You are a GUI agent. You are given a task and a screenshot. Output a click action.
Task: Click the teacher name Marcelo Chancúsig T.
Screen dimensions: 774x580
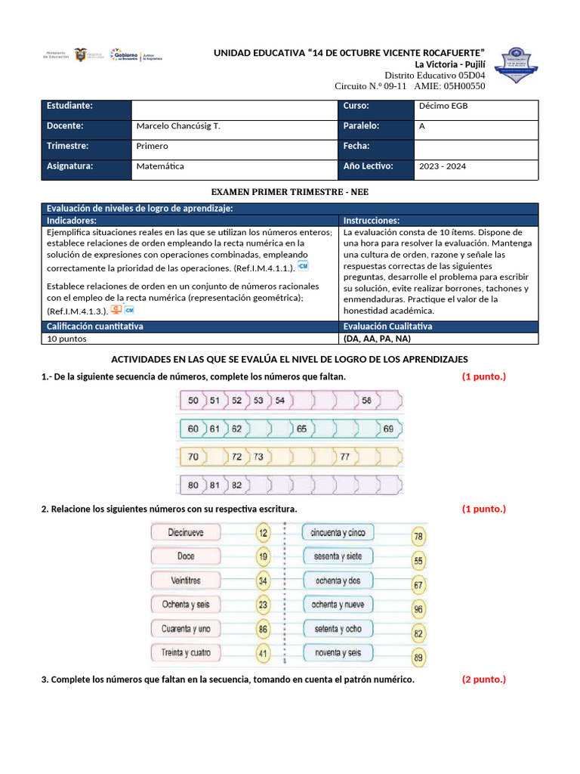point(178,126)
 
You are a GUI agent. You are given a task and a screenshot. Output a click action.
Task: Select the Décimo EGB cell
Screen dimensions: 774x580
point(443,106)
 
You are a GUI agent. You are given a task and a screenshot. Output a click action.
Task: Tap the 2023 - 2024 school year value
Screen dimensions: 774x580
point(443,166)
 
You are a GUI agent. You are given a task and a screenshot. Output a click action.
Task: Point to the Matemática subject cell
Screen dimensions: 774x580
point(160,166)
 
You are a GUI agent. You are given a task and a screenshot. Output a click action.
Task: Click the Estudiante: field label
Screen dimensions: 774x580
point(69,106)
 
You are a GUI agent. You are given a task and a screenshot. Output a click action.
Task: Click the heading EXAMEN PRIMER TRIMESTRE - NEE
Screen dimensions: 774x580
point(289,193)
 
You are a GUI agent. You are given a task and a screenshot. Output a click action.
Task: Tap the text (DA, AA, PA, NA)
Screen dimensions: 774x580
point(377,339)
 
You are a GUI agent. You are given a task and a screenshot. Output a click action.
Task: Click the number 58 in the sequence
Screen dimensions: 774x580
point(366,400)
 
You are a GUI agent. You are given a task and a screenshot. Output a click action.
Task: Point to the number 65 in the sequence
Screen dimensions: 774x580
point(301,429)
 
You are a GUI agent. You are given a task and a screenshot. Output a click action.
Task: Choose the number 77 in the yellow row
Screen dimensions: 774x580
point(344,457)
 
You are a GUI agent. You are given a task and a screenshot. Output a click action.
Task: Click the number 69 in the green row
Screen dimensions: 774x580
point(388,429)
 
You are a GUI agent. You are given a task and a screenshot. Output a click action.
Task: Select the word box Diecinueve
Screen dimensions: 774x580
point(186,533)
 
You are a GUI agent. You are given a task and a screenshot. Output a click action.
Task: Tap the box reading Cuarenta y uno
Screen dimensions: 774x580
point(186,629)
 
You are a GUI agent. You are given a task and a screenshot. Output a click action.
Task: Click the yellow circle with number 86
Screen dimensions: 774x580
point(263,628)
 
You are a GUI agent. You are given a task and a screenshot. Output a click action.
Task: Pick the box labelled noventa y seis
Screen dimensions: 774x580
point(338,652)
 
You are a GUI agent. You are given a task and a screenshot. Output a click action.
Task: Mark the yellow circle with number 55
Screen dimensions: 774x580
point(418,561)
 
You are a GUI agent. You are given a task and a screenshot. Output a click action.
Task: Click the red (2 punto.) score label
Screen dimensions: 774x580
point(483,679)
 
